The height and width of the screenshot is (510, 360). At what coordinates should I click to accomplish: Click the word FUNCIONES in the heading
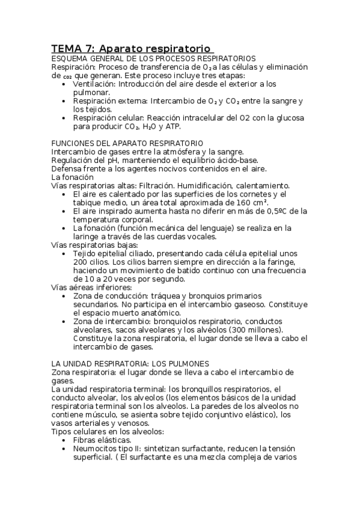pyautogui.click(x=73, y=144)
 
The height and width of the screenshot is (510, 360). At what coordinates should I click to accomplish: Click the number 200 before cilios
pyautogui.click(x=82, y=262)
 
